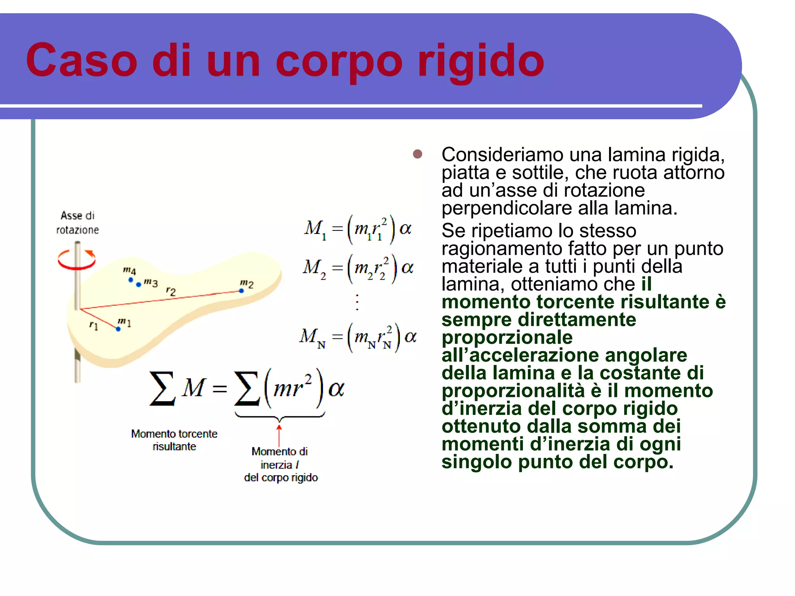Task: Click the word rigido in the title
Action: coord(481,61)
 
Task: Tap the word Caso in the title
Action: coord(82,61)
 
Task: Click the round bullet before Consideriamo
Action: coord(417,154)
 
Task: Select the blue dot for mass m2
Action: coord(241,291)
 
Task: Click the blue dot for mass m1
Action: coord(118,329)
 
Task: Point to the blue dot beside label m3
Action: coord(139,285)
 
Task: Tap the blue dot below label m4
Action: coord(131,279)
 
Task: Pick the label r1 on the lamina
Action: coord(94,325)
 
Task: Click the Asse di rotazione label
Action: coord(78,223)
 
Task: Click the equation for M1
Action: coord(358,229)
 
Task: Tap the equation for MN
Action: coord(358,337)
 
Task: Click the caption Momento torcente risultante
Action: coord(174,440)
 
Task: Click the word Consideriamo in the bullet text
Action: coord(502,154)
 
